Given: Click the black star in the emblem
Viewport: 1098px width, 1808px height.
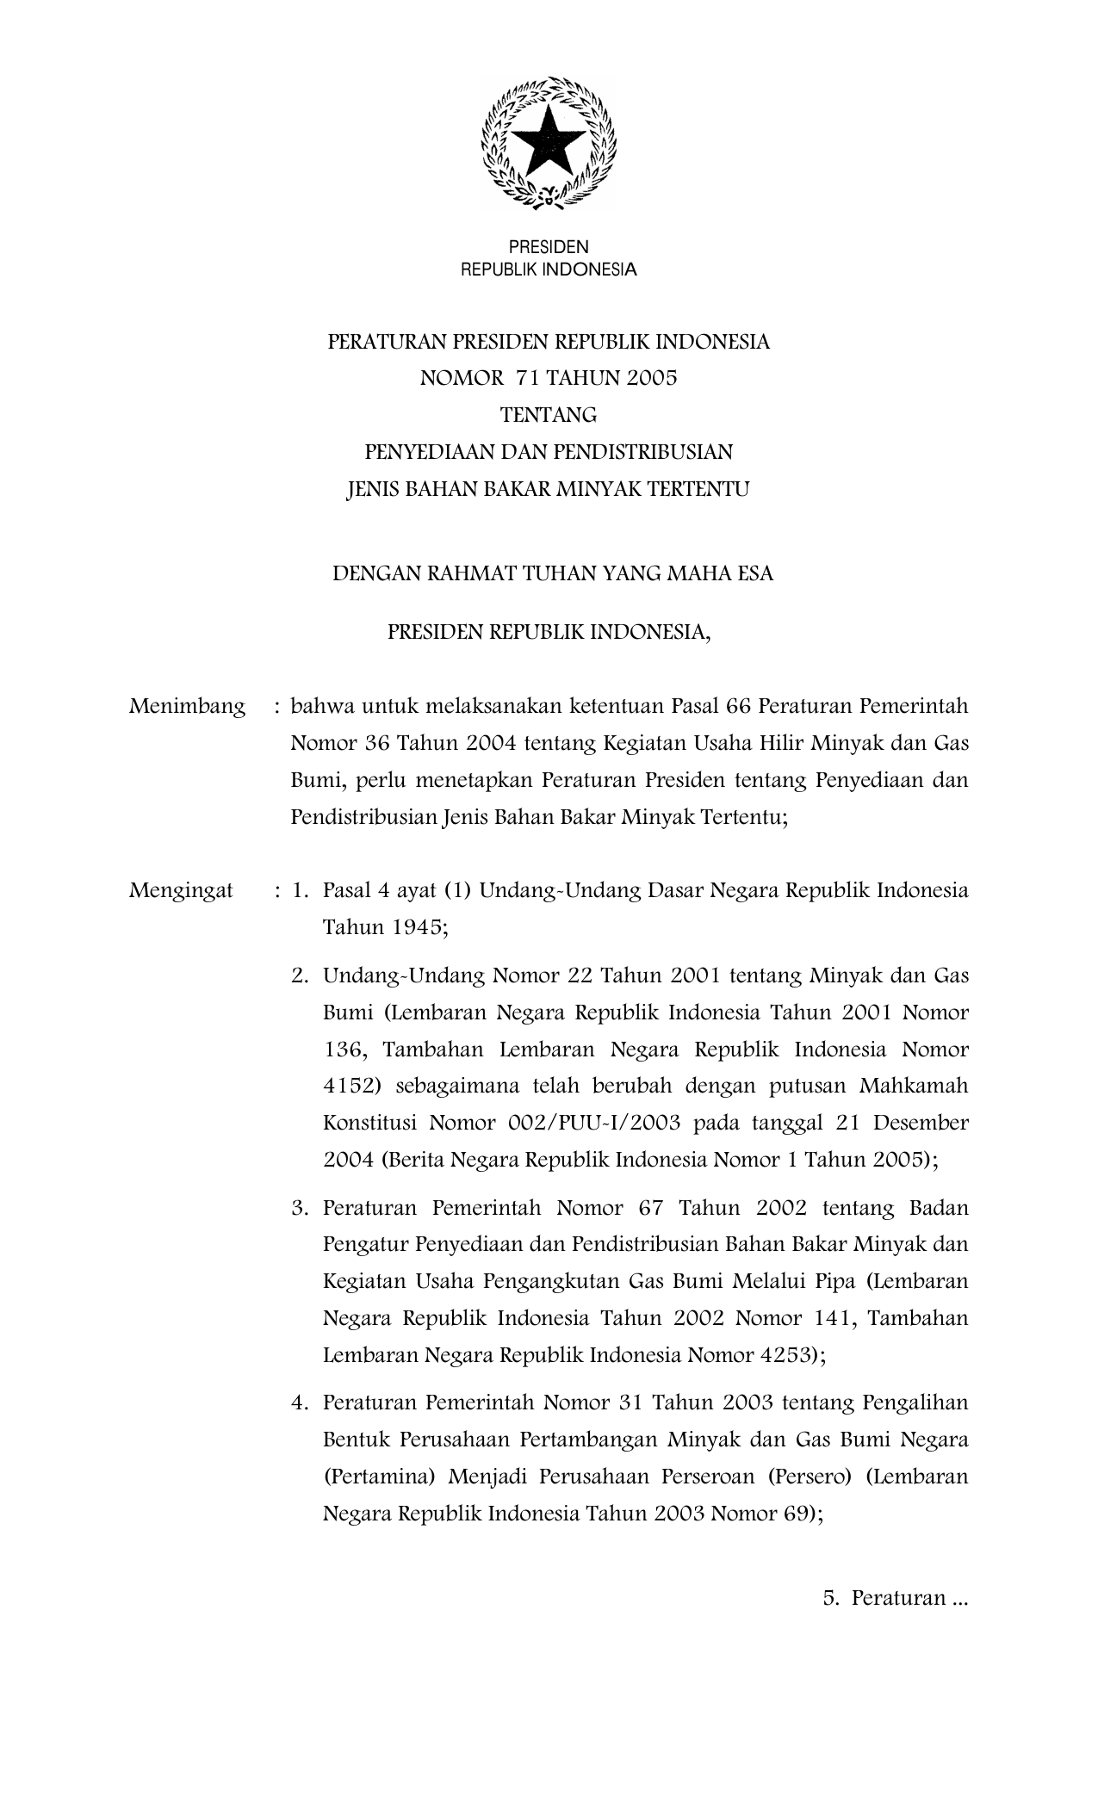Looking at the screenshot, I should pyautogui.click(x=549, y=142).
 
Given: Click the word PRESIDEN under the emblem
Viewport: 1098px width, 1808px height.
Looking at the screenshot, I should pyautogui.click(x=549, y=248).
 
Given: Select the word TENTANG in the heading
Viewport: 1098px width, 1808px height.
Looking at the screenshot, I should pyautogui.click(x=549, y=415).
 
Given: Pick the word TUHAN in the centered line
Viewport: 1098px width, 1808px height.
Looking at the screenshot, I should pyautogui.click(x=550, y=573).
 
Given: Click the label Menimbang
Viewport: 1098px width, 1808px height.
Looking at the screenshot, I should pyautogui.click(x=187, y=707).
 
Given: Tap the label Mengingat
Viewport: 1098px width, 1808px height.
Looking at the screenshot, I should pyautogui.click(x=181, y=890).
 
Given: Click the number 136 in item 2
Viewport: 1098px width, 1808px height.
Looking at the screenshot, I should pyautogui.click(x=344, y=1050).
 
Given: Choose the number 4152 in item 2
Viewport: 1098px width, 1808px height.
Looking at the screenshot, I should pyautogui.click(x=349, y=1087).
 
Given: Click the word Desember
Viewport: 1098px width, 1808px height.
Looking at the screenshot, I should pyautogui.click(x=925, y=1124).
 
